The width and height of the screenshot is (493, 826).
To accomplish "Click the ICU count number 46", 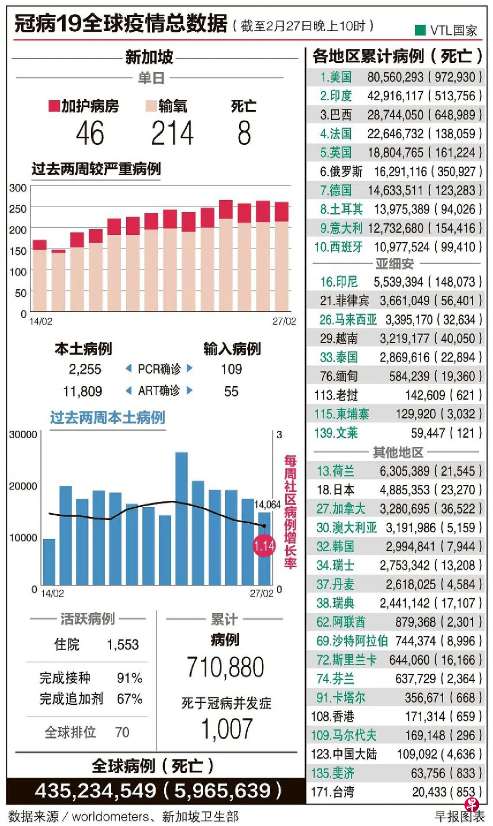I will [x=90, y=133].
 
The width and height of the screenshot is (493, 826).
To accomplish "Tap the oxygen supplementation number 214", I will [x=172, y=133].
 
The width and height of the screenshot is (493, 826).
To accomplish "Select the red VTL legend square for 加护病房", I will [x=54, y=106].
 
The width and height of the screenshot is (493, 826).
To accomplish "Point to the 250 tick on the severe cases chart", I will [x=18, y=208].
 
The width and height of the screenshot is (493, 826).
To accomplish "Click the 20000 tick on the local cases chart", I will [x=23, y=486].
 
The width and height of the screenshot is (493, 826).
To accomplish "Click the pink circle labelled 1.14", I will [x=264, y=546].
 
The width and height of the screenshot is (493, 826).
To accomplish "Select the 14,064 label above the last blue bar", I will [x=267, y=504].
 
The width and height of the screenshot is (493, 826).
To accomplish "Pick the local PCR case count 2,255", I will [x=85, y=369].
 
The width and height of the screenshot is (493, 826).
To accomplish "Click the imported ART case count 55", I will [x=231, y=391].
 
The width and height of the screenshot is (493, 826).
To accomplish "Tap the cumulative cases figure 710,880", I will [x=225, y=667].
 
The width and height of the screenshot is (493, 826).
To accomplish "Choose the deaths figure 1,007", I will [x=227, y=729].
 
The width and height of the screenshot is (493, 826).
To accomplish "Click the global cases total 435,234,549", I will [x=95, y=791].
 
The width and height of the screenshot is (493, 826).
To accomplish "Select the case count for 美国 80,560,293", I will [x=395, y=77].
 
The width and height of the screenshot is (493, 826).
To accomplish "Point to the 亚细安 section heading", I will [x=394, y=263].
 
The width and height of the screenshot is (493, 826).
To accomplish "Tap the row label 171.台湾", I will [x=333, y=792].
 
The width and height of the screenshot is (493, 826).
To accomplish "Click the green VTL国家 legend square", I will [x=420, y=30].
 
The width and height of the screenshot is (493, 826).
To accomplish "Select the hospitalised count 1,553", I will [x=123, y=645].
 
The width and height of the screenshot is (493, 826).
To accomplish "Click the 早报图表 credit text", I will [x=459, y=816].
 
